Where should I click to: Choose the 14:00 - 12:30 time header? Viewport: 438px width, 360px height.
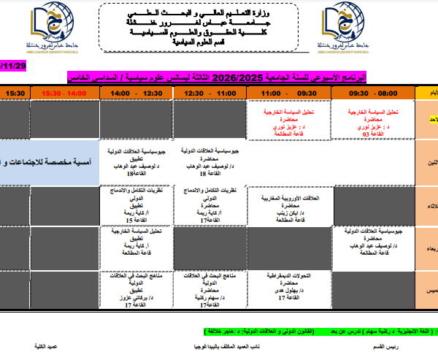[x=137, y=93]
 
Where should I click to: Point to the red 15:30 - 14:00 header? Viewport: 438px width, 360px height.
[x=64, y=93]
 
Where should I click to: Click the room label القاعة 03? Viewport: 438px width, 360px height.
[x=372, y=134]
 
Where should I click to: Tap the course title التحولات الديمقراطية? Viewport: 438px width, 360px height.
[x=291, y=275]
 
